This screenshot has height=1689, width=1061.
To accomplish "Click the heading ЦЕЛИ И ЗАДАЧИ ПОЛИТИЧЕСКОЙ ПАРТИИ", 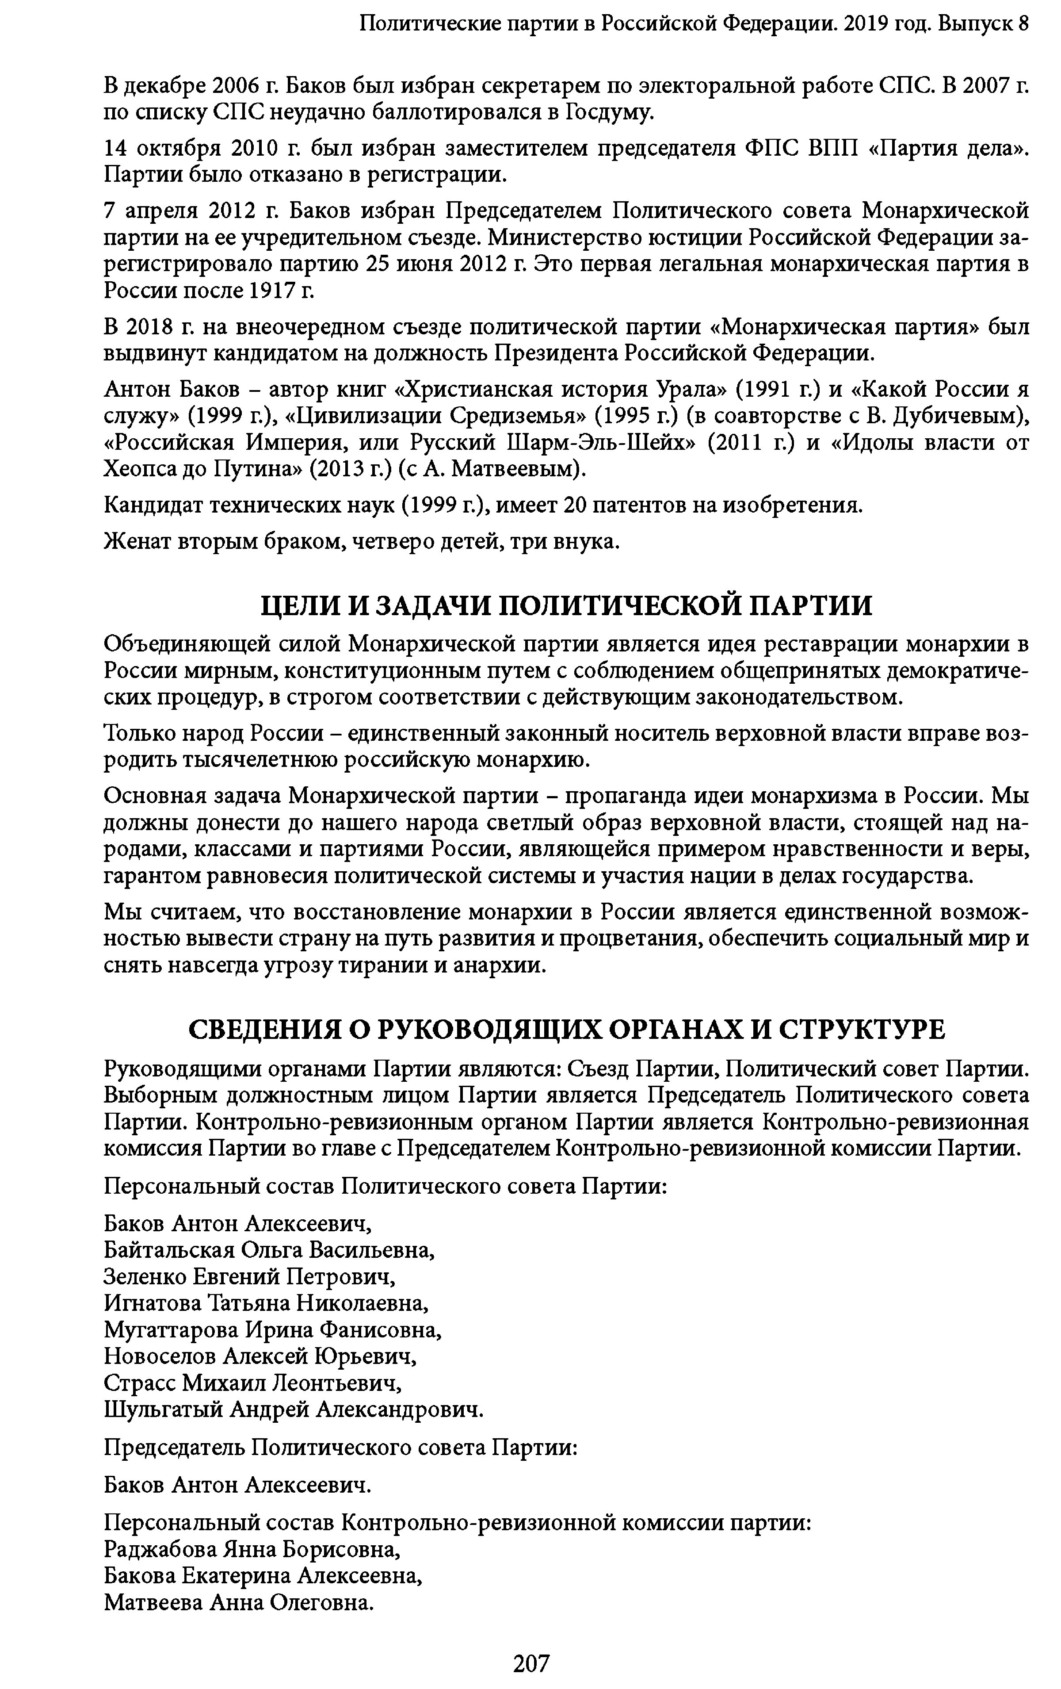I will tap(566, 605).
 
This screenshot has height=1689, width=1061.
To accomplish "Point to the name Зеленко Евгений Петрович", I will tap(249, 1276).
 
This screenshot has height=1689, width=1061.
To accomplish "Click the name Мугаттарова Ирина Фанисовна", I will tap(272, 1330).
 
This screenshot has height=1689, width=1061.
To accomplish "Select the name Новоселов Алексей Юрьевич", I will tap(260, 1356).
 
